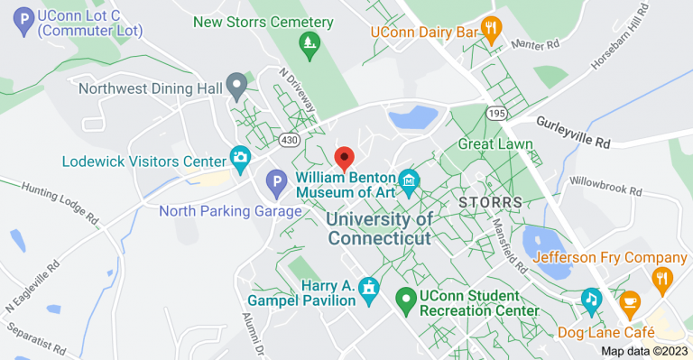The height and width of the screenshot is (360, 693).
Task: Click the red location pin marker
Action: [x=344, y=158]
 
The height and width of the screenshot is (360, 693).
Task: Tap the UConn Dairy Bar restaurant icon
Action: [x=491, y=29]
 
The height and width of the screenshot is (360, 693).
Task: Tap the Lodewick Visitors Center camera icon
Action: [x=240, y=159]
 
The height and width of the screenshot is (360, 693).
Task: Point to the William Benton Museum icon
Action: [x=410, y=182]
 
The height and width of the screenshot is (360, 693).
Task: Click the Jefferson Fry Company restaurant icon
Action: [x=663, y=280]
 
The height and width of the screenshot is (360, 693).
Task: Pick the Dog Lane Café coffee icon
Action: [x=629, y=300]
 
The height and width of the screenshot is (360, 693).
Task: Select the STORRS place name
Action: [x=490, y=202]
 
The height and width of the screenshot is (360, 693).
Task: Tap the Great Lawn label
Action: [x=495, y=143]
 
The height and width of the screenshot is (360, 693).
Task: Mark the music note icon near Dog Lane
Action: [x=591, y=297]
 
